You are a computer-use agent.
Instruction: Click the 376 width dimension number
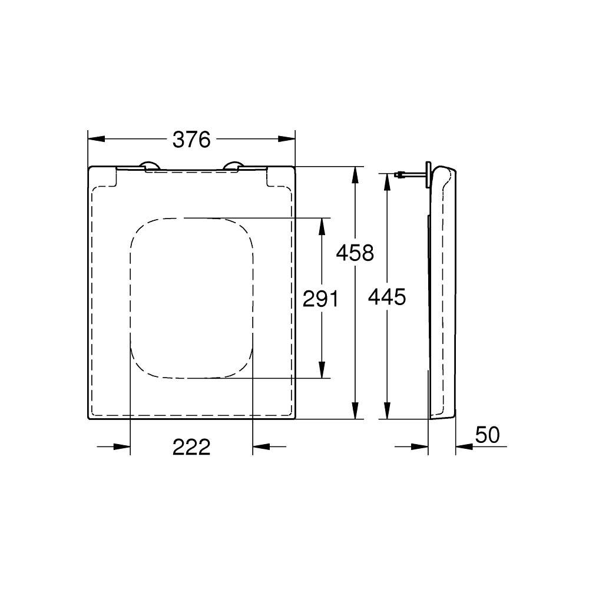click(191, 140)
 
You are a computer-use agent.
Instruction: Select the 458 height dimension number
click(355, 253)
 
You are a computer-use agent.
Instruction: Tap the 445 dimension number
click(386, 297)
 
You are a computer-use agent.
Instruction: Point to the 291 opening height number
click(320, 299)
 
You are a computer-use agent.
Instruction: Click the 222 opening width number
click(191, 448)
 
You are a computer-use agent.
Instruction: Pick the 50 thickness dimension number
click(487, 435)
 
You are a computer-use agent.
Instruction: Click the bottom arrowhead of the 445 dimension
click(386, 411)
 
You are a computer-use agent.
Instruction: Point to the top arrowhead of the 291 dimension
click(322, 226)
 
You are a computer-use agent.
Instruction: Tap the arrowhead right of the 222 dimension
click(260, 448)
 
